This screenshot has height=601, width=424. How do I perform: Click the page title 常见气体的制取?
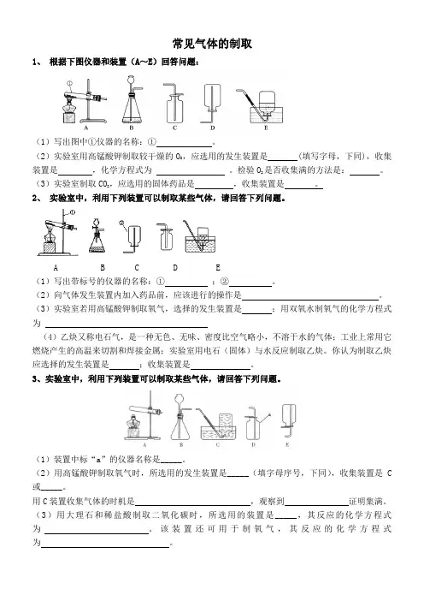(212, 44)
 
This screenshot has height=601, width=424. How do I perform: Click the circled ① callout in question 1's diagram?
(69, 83)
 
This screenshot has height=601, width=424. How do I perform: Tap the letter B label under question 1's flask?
(132, 128)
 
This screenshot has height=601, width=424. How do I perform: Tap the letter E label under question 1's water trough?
(267, 128)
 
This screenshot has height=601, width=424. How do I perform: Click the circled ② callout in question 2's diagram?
(121, 223)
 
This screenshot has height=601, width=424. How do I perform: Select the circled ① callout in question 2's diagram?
(73, 212)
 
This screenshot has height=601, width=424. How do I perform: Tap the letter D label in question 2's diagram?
(175, 267)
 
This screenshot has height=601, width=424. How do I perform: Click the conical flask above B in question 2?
(97, 241)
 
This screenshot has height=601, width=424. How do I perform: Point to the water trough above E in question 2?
(201, 244)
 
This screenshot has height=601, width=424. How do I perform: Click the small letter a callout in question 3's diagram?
(270, 414)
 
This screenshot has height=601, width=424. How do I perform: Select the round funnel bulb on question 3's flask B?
(180, 400)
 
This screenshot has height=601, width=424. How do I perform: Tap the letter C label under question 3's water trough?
(218, 445)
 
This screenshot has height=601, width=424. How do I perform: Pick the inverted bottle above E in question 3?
(289, 415)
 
